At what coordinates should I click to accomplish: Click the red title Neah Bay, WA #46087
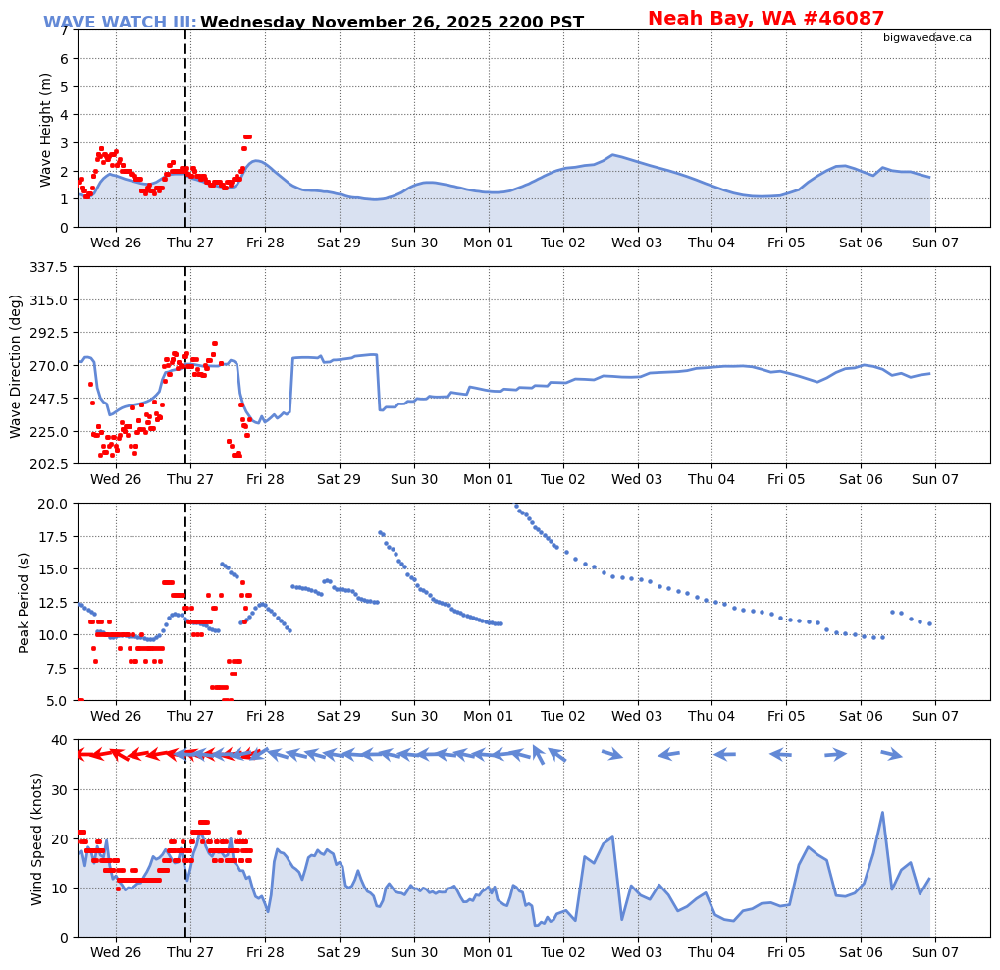pyautogui.click(x=765, y=18)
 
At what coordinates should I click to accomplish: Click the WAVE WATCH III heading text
pyautogui.click(x=120, y=22)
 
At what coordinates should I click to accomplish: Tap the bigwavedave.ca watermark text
pyautogui.click(x=926, y=37)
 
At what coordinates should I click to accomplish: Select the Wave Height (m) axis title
pyautogui.click(x=46, y=129)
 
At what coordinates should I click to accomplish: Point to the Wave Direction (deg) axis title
pyautogui.click(x=16, y=365)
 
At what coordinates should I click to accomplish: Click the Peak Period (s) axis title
pyautogui.click(x=25, y=602)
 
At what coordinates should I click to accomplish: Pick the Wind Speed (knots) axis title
pyautogui.click(x=37, y=838)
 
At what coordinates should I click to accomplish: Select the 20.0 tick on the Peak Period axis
pyautogui.click(x=54, y=504)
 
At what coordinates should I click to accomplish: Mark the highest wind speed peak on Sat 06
pyautogui.click(x=882, y=812)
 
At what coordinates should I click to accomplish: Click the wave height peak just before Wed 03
pyautogui.click(x=613, y=154)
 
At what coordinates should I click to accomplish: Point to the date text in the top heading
pyautogui.click(x=392, y=22)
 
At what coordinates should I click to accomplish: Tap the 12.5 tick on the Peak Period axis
pyautogui.click(x=54, y=602)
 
